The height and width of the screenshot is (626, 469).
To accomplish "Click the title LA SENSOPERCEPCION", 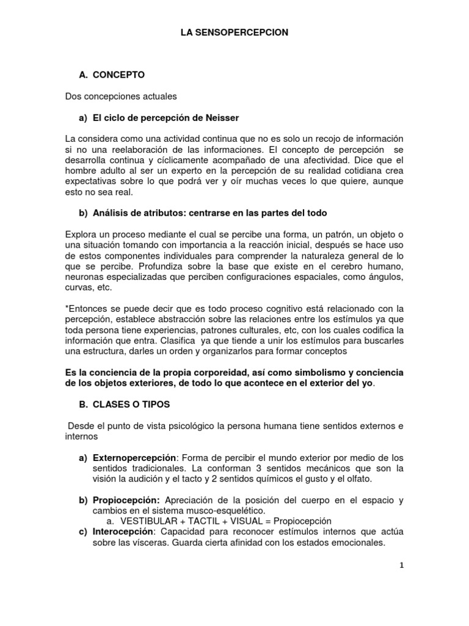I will pyautogui.click(x=234, y=33).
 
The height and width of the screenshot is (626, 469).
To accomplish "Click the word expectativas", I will pyautogui.click(x=90, y=182).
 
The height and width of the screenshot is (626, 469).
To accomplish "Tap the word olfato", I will pyautogui.click(x=358, y=479).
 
